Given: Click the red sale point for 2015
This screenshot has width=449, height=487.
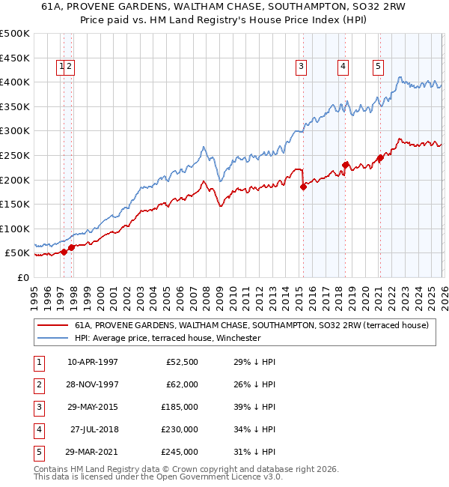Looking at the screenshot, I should pos(303,187).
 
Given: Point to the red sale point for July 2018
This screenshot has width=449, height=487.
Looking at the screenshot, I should pos(345,165).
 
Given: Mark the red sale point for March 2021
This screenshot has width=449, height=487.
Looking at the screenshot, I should pos(380,157).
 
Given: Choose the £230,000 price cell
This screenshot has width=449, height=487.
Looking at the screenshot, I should pos(180,429).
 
